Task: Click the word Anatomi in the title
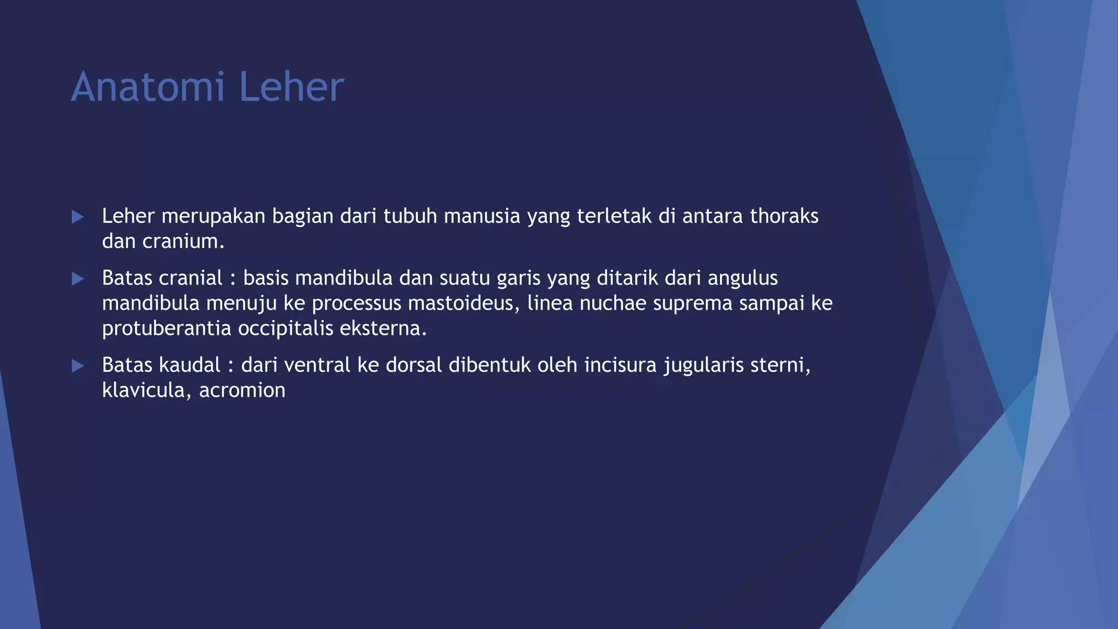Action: (147, 87)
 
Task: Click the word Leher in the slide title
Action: (292, 87)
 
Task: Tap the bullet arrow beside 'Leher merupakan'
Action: (78, 217)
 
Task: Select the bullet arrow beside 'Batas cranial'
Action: (78, 279)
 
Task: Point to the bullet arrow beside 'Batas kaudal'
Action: (78, 366)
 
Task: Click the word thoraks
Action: (784, 216)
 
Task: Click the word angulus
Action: (742, 278)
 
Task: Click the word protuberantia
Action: (166, 329)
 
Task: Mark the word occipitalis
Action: (286, 329)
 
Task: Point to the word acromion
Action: (242, 390)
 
